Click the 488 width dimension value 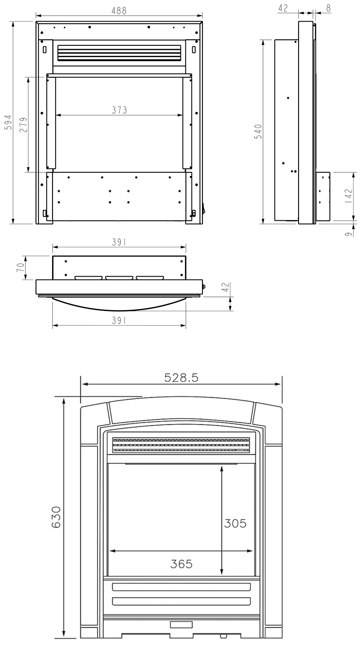pyautogui.click(x=119, y=11)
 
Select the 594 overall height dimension pyautogui.click(x=8, y=122)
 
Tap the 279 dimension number pyautogui.click(x=23, y=125)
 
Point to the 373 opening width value pyautogui.click(x=119, y=110)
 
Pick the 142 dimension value pyautogui.click(x=349, y=196)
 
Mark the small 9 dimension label pyautogui.click(x=349, y=234)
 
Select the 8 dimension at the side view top pyautogui.click(x=328, y=8)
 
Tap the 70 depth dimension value pyautogui.click(x=20, y=268)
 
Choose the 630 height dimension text pyautogui.click(x=56, y=517)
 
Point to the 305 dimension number pyautogui.click(x=235, y=524)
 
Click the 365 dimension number pyautogui.click(x=181, y=564)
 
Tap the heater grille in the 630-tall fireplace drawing pyautogui.click(x=181, y=445)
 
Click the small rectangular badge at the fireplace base pyautogui.click(x=181, y=624)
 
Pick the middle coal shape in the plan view pyautogui.click(x=119, y=278)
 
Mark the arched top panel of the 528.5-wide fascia pyautogui.click(x=181, y=410)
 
